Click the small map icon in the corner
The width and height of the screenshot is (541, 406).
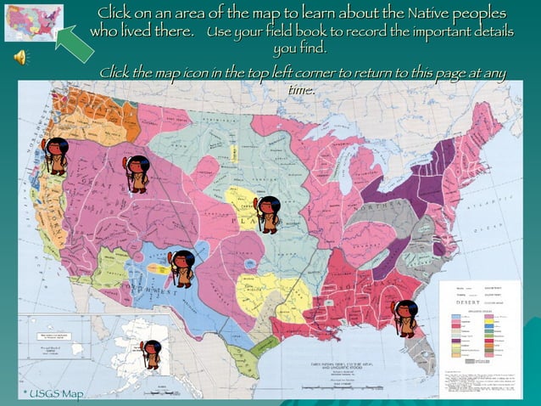coord(33,23)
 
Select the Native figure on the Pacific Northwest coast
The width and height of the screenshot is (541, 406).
coord(57,155)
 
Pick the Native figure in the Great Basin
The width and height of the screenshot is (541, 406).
coord(138,174)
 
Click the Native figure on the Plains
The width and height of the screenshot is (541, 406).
coord(268,214)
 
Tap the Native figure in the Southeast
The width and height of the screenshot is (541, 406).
coord(404,318)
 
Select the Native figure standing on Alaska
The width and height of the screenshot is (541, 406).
coord(152,353)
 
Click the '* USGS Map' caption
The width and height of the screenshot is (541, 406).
coord(53,393)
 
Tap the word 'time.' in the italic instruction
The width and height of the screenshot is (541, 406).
coord(301,89)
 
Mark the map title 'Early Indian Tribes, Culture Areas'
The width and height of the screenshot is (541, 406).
coord(348,365)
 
